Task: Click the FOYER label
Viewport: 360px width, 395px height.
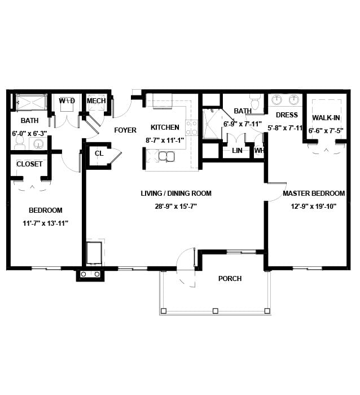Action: point(125,130)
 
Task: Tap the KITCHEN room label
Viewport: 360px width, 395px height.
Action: point(165,127)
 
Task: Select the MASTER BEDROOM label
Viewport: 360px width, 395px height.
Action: point(314,193)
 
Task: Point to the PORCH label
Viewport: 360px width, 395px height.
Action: point(230,278)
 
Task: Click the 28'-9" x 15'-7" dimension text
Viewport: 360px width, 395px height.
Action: point(175,207)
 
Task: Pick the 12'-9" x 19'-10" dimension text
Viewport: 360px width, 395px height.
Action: point(314,207)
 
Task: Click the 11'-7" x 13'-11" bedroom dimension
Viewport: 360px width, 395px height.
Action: point(46,223)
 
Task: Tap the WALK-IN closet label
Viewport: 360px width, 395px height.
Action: point(326,117)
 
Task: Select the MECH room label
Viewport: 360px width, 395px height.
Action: point(96,101)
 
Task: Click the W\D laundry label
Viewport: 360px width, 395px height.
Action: point(67,101)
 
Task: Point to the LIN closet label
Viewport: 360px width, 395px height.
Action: point(237,151)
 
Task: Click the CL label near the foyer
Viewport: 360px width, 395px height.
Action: point(99,153)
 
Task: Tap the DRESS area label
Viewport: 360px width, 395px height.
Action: point(287,115)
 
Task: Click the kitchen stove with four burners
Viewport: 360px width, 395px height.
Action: point(191,128)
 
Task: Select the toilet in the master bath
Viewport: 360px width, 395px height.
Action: point(255,102)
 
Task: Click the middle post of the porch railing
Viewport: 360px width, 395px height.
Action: point(215,311)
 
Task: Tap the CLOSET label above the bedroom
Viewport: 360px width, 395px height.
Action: point(29,164)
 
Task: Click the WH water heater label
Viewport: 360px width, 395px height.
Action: point(259,151)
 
